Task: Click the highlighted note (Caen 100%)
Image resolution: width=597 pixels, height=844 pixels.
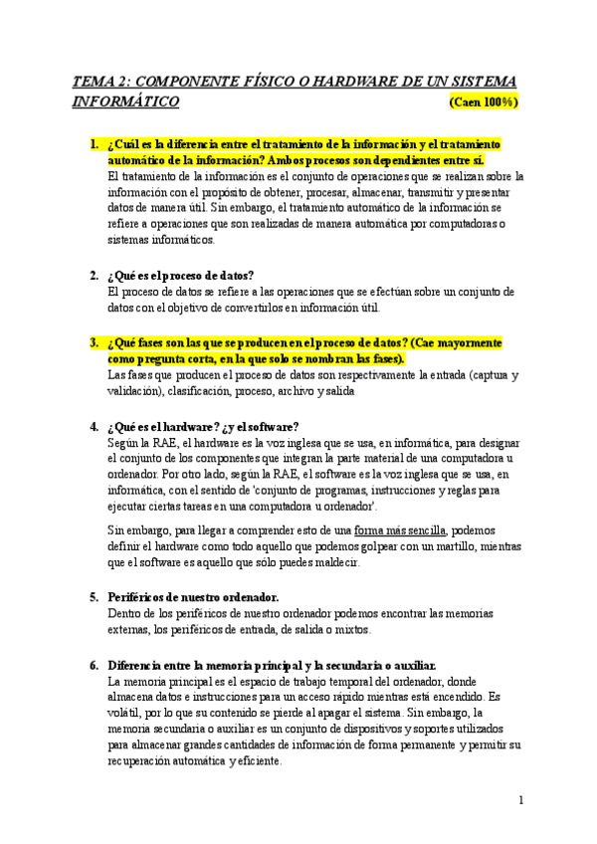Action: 484,103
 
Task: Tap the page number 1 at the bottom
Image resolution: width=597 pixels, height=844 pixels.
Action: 520,800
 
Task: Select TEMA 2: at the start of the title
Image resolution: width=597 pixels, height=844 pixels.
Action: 102,81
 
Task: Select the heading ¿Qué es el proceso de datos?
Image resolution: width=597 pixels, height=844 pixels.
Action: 181,275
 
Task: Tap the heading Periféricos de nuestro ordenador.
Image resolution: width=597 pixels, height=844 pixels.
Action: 193,597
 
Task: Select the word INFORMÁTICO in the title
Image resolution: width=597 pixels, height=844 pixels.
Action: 126,102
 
